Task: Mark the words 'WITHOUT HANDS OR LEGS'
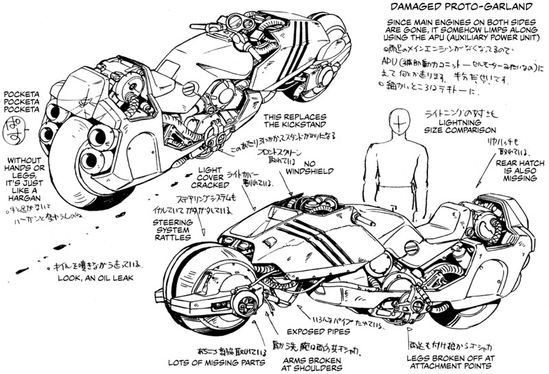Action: click(x=27, y=167)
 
